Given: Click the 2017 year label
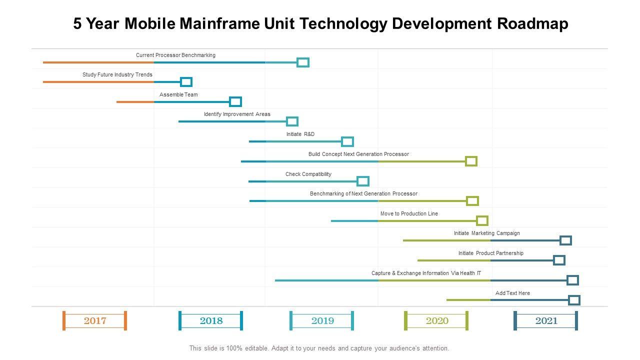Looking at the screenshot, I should pos(95,320).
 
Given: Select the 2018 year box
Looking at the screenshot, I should pos(211,320).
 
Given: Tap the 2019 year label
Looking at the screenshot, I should pos(322,320).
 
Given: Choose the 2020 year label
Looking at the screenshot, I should pos(437,320).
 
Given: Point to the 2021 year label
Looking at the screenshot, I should pos(546,320).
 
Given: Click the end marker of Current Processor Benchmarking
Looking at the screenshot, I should pos(303,62).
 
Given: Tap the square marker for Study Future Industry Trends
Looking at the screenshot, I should pos(186,82).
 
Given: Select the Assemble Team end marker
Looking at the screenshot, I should pos(235,102).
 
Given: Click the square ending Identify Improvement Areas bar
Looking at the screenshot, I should pos(292,121).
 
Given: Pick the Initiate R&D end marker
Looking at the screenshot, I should pos(347,141).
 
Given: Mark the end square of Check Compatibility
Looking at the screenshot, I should pos(363,181).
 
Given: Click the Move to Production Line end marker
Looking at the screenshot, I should pos(482,220).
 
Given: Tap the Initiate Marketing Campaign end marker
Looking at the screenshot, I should pos(565,240).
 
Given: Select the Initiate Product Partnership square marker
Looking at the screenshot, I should pos(559,260).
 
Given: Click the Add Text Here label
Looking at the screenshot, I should pos(512,293).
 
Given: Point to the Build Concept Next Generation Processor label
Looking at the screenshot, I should pos(358,154).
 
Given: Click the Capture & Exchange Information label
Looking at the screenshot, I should pos(426,273).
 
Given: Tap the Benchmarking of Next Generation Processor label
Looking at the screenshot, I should pos(363,193).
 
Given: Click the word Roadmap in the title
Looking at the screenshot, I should pos(532,24).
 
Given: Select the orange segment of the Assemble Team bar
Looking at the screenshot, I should pos(135,102).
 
